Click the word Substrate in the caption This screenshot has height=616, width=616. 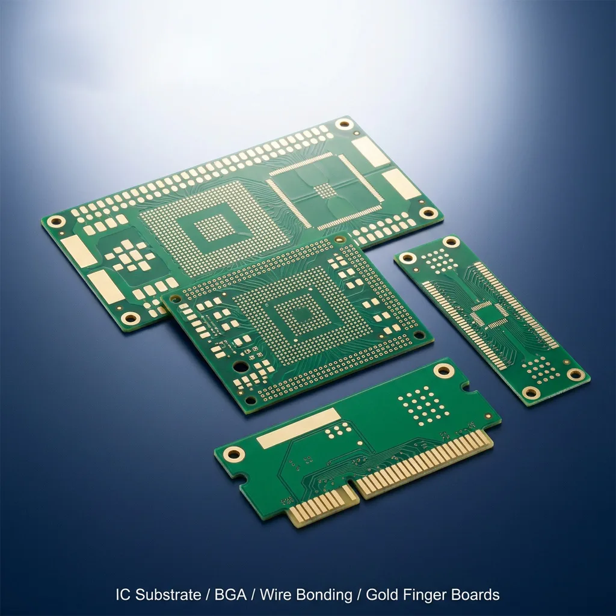click(168, 594)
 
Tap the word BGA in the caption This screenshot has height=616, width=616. click(230, 594)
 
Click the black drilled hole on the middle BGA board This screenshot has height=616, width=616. click(240, 367)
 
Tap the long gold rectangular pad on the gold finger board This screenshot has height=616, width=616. click(298, 428)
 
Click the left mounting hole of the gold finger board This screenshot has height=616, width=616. click(234, 455)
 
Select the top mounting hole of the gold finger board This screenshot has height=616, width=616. click(443, 370)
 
